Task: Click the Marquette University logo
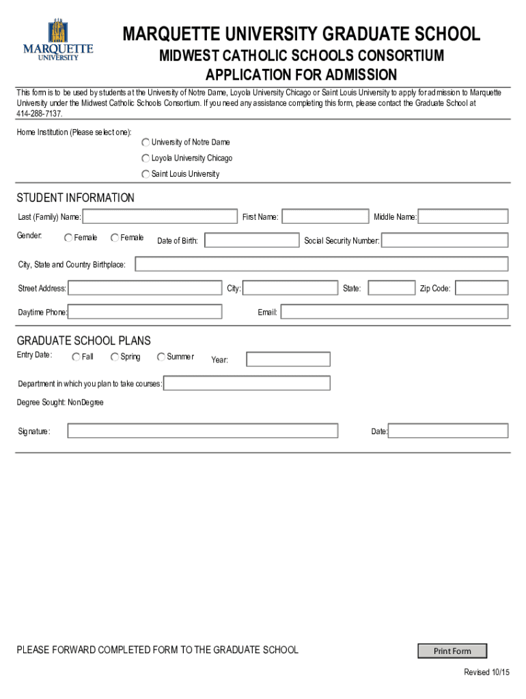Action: pos(58,41)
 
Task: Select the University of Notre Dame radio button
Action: pos(146,143)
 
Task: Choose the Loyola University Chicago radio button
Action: pos(146,158)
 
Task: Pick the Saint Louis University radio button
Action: pos(146,175)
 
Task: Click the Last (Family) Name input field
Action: pos(161,216)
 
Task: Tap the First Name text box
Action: pos(325,216)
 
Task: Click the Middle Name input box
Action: pos(463,216)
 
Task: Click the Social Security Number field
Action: pos(445,240)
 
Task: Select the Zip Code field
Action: pos(482,288)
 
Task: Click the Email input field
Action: pos(394,312)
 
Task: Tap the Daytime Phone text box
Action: pos(145,312)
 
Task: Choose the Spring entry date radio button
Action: pos(115,356)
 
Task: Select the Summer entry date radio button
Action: pos(161,356)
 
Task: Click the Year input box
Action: pos(288,359)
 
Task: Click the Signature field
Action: pos(202,431)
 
